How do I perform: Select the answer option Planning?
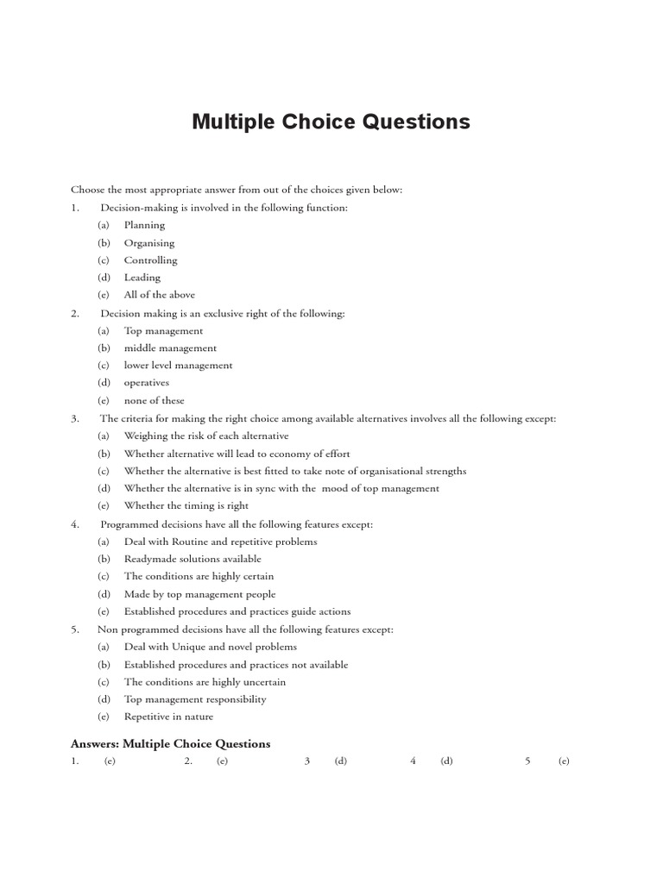tap(144, 225)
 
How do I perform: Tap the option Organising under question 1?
tap(148, 243)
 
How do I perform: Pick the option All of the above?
tap(159, 295)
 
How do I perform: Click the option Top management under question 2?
tap(163, 330)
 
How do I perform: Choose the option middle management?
tap(170, 348)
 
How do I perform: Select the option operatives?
tap(146, 383)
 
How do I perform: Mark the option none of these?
tap(154, 401)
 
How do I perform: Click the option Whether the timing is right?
tap(186, 506)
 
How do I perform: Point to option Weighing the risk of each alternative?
tap(205, 436)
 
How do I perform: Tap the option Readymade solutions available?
tap(192, 559)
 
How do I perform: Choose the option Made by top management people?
tap(199, 594)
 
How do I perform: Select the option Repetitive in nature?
tap(168, 717)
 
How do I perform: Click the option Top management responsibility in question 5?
tap(194, 699)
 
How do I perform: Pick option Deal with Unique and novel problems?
tap(210, 647)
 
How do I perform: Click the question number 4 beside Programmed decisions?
tap(75, 524)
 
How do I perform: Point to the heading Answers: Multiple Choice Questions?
tap(170, 743)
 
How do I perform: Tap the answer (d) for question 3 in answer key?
tap(340, 761)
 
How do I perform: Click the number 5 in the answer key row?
tap(527, 761)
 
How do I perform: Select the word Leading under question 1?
tap(142, 278)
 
